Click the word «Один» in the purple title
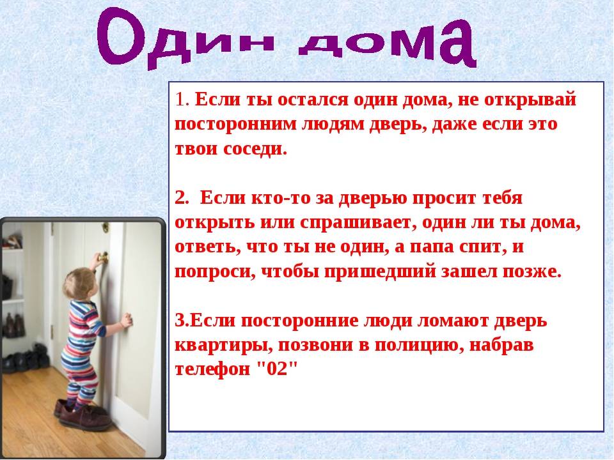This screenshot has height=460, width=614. (184, 39)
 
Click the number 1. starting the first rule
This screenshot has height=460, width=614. (182, 99)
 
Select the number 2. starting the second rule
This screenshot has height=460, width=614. (182, 198)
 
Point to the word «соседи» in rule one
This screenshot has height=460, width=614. (255, 149)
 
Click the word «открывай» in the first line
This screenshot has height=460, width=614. (530, 100)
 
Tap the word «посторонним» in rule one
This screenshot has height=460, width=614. (236, 125)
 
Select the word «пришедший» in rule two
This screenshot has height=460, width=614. (380, 272)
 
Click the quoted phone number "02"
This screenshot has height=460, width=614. (278, 369)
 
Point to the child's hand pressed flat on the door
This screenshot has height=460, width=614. (127, 321)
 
